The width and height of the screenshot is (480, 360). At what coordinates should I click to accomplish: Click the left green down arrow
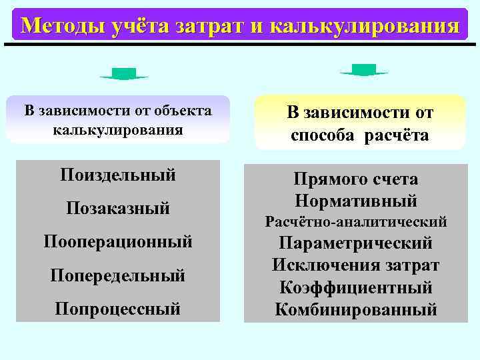click(124, 74)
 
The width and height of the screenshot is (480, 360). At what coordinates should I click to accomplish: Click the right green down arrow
click(364, 70)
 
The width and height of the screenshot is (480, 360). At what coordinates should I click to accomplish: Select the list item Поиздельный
click(118, 175)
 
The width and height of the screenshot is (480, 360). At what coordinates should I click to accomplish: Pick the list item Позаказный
click(118, 209)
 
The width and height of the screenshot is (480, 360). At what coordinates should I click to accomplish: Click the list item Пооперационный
click(118, 241)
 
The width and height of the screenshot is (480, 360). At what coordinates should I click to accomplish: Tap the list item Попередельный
click(118, 275)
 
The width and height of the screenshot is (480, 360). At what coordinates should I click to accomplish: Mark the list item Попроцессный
click(118, 308)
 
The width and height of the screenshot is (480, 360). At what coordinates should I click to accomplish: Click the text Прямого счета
click(355, 179)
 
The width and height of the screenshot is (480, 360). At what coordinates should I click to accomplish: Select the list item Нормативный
click(355, 200)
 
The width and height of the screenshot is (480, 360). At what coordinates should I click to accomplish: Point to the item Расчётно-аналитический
click(355, 221)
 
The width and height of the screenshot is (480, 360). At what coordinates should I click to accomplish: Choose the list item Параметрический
click(355, 243)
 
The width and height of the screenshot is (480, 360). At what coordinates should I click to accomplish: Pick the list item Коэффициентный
click(355, 287)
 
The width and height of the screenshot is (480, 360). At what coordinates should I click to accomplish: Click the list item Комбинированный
click(355, 309)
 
